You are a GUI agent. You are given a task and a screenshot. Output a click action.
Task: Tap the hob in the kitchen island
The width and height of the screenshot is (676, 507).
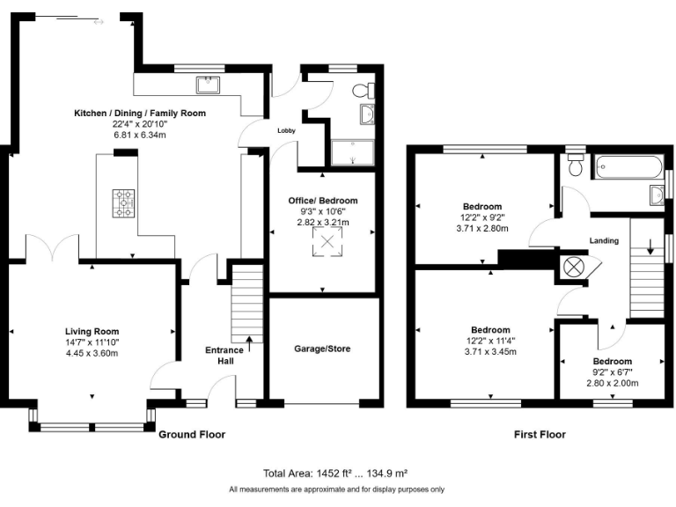[124, 203]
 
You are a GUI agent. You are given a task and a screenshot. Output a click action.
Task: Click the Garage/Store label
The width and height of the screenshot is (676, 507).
[322, 349]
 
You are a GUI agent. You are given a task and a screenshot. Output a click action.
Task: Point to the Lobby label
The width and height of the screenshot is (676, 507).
[287, 130]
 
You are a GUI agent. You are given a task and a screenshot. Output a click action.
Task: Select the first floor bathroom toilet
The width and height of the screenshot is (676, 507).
[577, 165]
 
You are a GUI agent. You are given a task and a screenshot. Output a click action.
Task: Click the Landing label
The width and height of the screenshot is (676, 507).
[605, 240]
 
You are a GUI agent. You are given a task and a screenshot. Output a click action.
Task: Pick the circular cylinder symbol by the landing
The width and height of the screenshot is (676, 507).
[573, 266]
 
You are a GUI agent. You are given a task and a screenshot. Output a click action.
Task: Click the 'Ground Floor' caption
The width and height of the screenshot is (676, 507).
[191, 434]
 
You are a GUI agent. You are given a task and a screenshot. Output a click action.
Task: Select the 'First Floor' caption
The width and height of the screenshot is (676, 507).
[540, 434]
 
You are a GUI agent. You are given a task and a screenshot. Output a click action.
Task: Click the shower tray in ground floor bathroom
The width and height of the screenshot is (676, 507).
[353, 151]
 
